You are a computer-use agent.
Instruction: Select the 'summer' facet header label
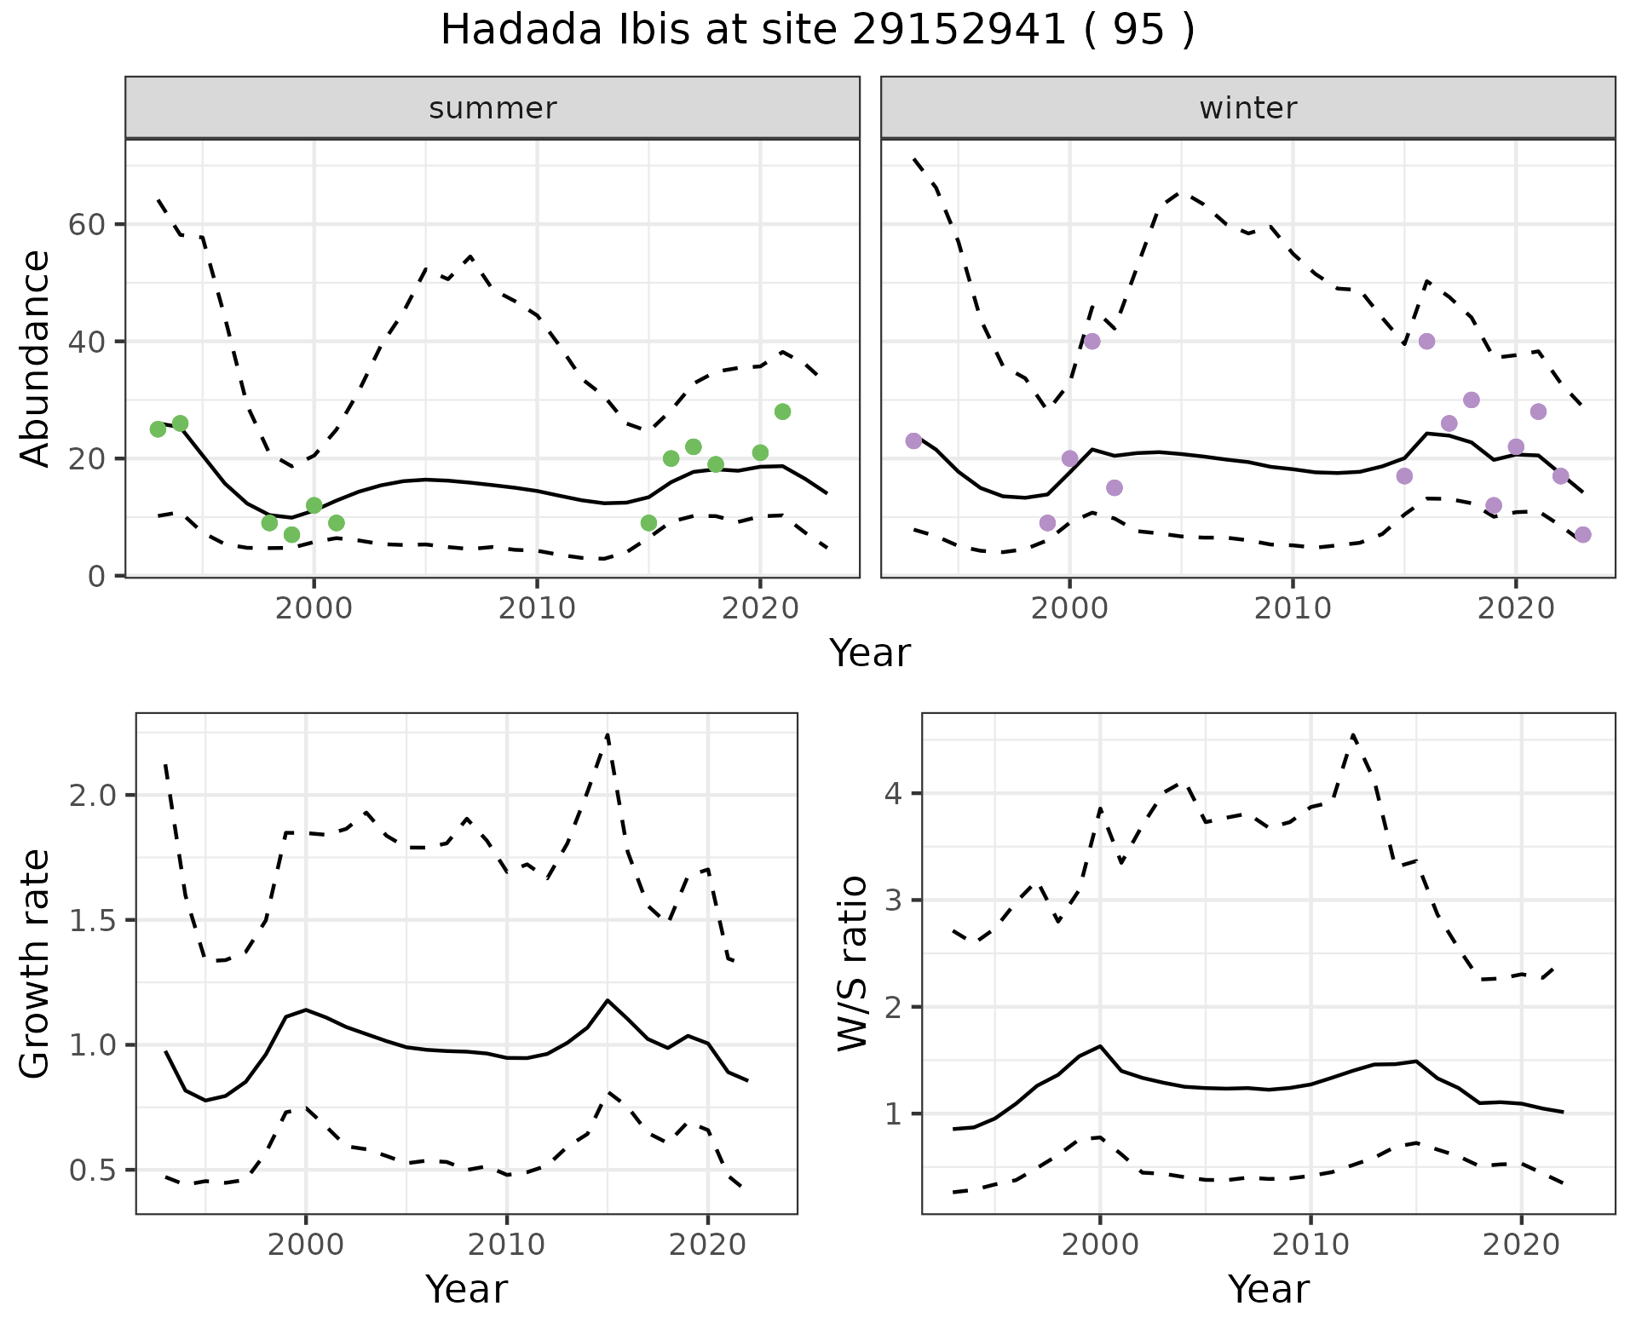[493, 108]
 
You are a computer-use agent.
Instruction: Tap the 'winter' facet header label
[1247, 108]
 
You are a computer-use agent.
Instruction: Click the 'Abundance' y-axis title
[36, 358]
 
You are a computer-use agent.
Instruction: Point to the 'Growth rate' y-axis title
[36, 964]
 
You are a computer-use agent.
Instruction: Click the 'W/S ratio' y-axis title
[853, 964]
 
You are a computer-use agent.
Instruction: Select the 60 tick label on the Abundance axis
[84, 225]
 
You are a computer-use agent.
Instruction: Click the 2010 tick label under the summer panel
[537, 608]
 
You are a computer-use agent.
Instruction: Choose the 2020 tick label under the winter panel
[1515, 608]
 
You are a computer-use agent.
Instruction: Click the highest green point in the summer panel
[782, 411]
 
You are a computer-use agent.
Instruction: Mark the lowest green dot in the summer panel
[291, 534]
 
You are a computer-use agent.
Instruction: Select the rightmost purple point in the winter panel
[1582, 534]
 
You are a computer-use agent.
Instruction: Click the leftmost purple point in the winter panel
[913, 440]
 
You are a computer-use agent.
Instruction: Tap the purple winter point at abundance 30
[1471, 400]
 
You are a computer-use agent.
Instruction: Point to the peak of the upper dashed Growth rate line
[608, 734]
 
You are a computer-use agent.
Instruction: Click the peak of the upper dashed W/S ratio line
[1353, 734]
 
